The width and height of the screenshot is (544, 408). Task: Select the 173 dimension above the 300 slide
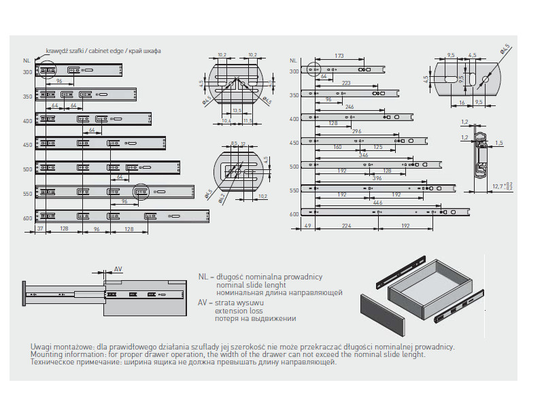[x=338, y=56]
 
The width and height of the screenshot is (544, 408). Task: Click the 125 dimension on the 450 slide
[x=377, y=147]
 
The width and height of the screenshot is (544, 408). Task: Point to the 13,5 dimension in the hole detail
[x=237, y=109]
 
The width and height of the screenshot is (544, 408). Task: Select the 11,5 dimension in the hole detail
[x=248, y=121]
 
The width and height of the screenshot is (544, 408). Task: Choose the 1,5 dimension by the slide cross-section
[x=498, y=143]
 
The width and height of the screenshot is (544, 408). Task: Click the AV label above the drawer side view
[x=117, y=269]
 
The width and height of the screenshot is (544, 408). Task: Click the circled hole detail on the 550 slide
[x=141, y=192]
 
